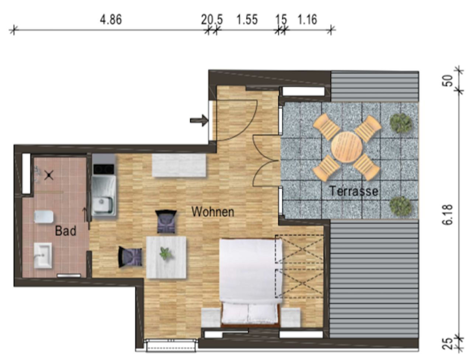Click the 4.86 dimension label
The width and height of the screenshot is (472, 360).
tap(111, 20)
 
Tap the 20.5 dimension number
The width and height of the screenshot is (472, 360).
tap(212, 20)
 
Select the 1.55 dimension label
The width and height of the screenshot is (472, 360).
tap(247, 20)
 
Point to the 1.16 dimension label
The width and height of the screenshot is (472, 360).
tap(307, 20)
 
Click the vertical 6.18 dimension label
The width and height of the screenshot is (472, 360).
tap(448, 215)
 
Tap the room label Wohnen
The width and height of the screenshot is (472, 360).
tap(213, 212)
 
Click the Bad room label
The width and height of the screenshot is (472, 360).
tap(66, 231)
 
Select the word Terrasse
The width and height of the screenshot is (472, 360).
tap(354, 191)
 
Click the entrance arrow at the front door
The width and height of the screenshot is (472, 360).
tap(199, 120)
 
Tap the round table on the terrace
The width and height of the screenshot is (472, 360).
tap(347, 147)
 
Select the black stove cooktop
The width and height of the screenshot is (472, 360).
tap(103, 169)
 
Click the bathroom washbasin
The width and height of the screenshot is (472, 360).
tap(43, 256)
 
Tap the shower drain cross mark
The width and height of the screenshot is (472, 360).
tap(49, 176)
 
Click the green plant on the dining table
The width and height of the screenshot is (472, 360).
tap(166, 253)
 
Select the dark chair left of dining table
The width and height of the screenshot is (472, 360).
tap(130, 257)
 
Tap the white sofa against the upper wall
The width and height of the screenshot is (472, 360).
tap(179, 165)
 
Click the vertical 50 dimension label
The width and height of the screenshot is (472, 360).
tap(447, 80)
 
